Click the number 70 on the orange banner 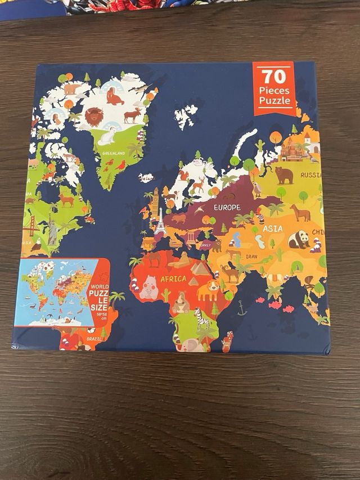pos(273,76)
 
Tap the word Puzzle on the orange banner pos(275,101)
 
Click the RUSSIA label pos(310,175)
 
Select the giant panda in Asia pos(299,240)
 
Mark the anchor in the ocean pos(242,308)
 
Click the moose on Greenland pos(133,116)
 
